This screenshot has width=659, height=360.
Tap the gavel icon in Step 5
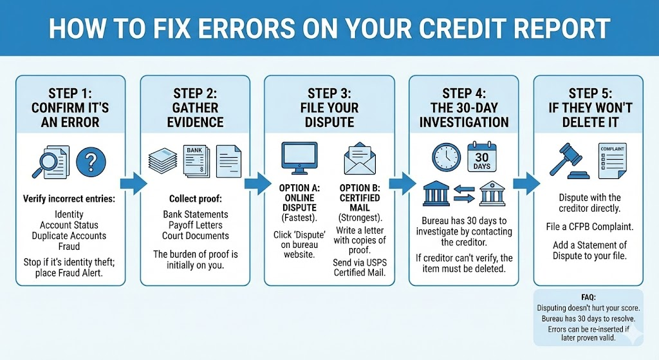click(x=566, y=160)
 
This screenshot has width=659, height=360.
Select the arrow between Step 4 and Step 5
click(x=524, y=183)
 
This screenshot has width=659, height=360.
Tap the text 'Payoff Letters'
click(x=195, y=225)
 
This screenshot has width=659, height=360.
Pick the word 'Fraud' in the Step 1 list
click(x=69, y=246)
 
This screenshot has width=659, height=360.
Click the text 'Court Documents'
click(x=195, y=235)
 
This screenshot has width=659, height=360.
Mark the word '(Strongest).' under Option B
click(x=360, y=217)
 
